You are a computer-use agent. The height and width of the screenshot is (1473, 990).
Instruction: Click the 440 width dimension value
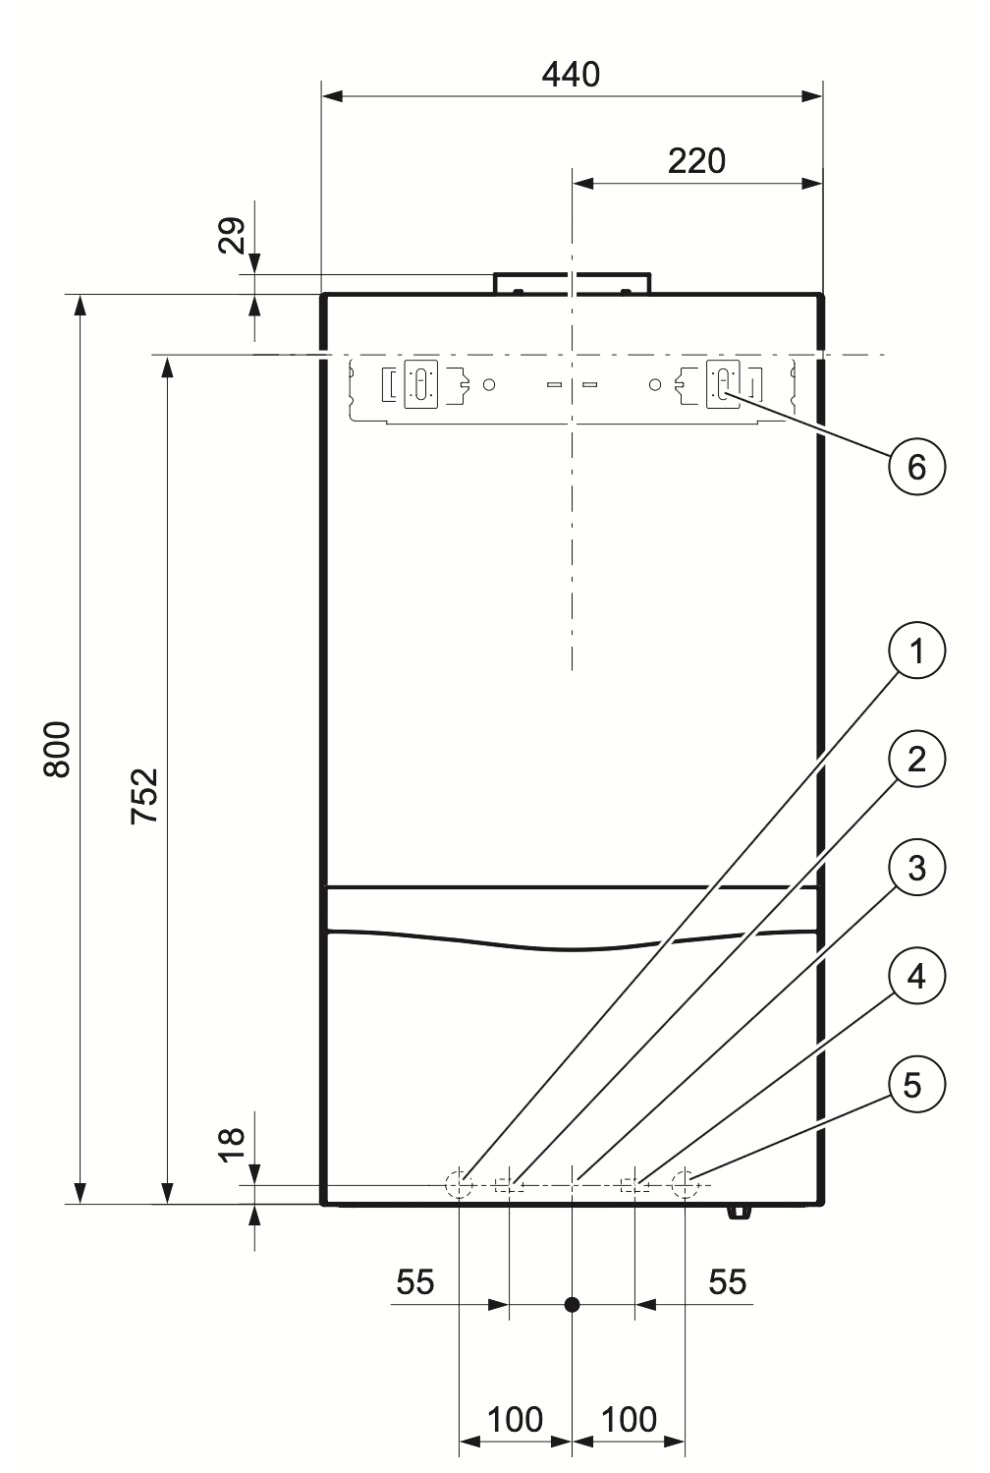pos(571,75)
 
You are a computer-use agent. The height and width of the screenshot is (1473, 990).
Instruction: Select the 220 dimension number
pos(696,161)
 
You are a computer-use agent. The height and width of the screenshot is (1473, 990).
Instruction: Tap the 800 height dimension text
pos(58,749)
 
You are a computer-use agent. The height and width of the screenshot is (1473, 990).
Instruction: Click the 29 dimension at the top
pos(233,236)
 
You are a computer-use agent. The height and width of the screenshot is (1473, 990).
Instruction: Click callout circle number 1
pos(916,651)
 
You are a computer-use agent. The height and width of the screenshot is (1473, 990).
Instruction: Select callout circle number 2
pos(916,760)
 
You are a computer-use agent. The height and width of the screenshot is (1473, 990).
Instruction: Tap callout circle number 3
pos(916,868)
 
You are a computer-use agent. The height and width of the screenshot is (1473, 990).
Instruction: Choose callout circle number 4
pos(916,977)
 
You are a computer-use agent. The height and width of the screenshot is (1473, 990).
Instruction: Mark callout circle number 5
pos(916,1085)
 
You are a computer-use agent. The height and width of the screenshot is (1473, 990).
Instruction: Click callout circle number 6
pos(916,466)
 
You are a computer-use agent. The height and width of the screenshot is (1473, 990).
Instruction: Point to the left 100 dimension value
pos(515,1419)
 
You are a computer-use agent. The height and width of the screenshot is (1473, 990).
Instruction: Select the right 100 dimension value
pos(629,1419)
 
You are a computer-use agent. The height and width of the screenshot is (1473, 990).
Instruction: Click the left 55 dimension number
pos(414,1281)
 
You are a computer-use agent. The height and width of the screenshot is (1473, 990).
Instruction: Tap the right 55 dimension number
pos(727,1281)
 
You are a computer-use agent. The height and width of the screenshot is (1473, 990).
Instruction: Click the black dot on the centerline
pos(572,1305)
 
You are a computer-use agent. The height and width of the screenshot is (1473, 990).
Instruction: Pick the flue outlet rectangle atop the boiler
pos(571,283)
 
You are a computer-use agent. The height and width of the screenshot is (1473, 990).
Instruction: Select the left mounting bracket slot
pos(420,382)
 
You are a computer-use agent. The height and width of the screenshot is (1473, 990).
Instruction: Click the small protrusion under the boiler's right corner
pos(739,1211)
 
